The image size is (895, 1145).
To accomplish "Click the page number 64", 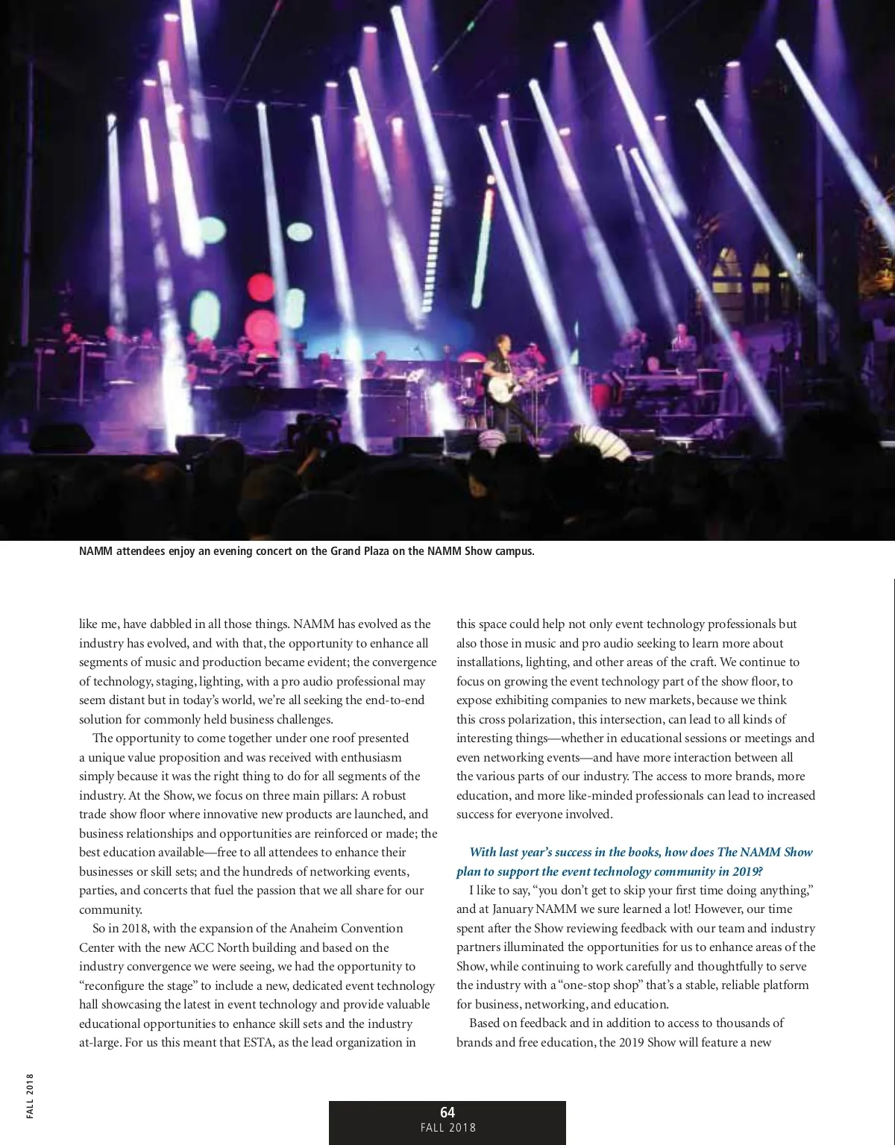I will click(447, 1112).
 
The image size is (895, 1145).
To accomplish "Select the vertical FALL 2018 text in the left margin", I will click(30, 1095).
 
